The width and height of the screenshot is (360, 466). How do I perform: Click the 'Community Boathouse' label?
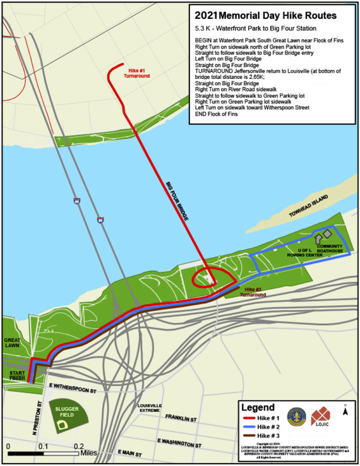coord(330,249)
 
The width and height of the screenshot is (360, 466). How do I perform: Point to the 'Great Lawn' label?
coord(11,342)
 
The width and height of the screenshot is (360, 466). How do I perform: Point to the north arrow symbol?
coord(344,410)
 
